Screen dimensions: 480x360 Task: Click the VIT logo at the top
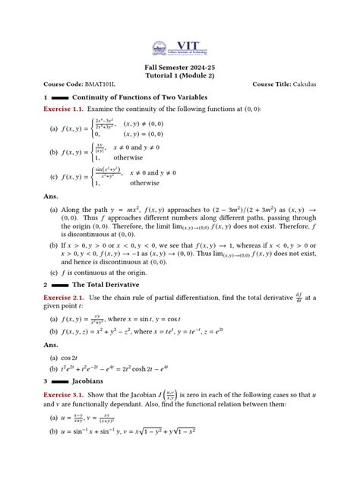(x=180, y=45)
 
